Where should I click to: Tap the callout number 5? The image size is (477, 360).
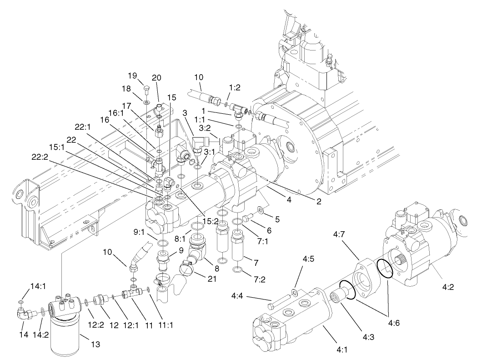(277, 219)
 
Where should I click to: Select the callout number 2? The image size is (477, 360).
(319, 202)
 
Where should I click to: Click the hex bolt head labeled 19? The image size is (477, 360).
(146, 88)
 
